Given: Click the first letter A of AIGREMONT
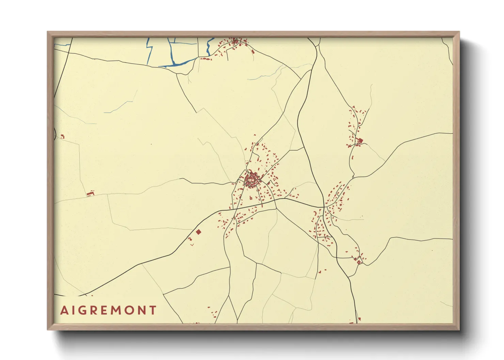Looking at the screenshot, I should tap(64, 310).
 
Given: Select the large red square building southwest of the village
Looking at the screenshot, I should tap(199, 232).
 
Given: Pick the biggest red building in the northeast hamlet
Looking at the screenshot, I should tap(360, 140).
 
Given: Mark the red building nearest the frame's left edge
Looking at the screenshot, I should tap(62, 136).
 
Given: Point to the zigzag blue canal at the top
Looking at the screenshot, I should tap(209, 48).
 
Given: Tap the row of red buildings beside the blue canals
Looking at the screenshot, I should tap(206, 59).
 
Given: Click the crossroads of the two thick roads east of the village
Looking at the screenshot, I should tap(324, 207).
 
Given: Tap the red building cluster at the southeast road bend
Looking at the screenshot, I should tap(359, 261).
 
